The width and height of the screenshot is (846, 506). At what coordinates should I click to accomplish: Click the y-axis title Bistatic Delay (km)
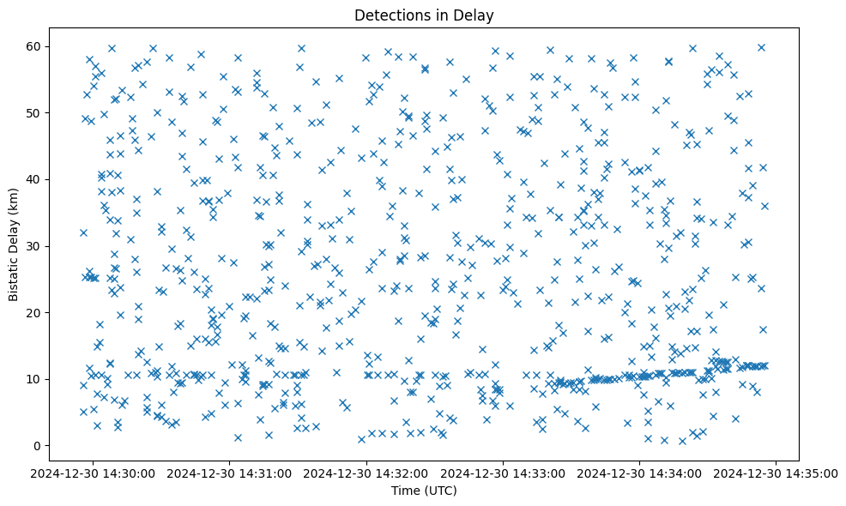(x=14, y=245)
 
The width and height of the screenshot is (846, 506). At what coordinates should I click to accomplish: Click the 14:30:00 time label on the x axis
(x=94, y=472)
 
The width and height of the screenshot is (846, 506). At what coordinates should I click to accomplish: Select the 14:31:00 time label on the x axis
(x=230, y=472)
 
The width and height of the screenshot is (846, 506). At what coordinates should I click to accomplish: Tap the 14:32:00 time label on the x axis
(x=367, y=472)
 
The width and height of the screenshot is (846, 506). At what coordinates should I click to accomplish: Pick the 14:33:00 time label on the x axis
(x=504, y=472)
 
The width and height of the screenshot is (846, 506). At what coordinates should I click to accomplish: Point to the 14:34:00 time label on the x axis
(x=640, y=472)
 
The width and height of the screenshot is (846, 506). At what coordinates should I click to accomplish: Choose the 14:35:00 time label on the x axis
(x=777, y=472)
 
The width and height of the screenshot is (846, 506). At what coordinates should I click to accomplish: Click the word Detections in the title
(x=396, y=15)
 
